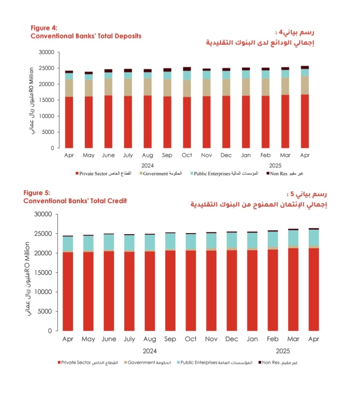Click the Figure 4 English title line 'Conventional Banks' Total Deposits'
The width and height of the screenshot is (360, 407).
coord(86,36)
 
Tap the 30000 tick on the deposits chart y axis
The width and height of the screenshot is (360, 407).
coord(46,52)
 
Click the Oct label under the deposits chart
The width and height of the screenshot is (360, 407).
coord(187,155)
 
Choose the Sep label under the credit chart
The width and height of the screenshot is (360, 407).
coord(170,339)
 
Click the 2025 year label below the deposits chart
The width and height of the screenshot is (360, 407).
coord(275,166)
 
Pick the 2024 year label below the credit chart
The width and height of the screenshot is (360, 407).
coord(150,351)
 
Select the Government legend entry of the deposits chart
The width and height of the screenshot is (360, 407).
coord(162,174)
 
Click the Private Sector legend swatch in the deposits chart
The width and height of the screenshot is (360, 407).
coord(77,174)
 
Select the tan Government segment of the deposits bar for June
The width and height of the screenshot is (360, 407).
coord(108,87)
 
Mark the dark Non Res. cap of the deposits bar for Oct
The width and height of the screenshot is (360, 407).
coord(187,69)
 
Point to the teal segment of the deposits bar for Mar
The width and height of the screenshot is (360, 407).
coord(285,73)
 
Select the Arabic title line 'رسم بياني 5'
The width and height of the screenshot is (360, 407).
coord(309,195)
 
